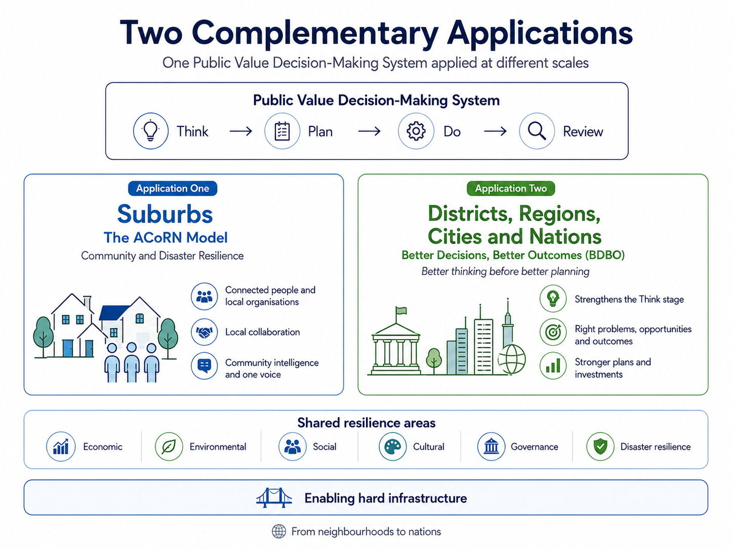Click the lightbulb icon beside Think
[x=151, y=131]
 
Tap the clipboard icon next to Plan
[x=282, y=131]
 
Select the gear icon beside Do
[x=416, y=131]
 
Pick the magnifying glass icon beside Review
[x=537, y=131]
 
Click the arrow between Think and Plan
[x=241, y=131]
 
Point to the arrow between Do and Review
[x=495, y=131]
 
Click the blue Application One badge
[x=173, y=189]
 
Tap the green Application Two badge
[x=511, y=189]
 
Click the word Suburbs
[x=165, y=214]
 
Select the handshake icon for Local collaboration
[x=205, y=332]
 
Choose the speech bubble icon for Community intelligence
[x=205, y=365]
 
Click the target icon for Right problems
[x=553, y=332]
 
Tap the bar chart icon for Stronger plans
[x=553, y=365]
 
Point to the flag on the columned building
[x=401, y=310]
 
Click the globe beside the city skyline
[x=512, y=359]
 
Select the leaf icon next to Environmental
[x=169, y=446]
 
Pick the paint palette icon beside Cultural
[x=392, y=446]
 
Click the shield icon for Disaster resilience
[x=600, y=446]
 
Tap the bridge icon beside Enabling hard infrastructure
[x=274, y=497]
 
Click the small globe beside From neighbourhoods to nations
[x=279, y=531]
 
